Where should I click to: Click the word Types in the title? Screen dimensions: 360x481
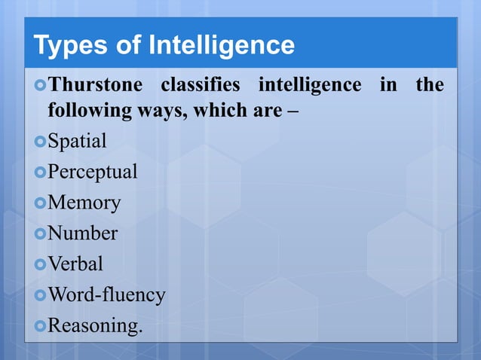69,46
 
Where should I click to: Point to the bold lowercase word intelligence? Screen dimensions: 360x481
311,84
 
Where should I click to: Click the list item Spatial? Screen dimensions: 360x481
77,141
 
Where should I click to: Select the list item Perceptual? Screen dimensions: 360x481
93,172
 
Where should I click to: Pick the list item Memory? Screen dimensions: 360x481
84,203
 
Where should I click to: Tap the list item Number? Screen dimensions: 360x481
83,233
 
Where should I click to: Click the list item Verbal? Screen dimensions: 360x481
75,264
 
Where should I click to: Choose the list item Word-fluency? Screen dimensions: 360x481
106,295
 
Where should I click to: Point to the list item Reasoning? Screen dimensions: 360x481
95,326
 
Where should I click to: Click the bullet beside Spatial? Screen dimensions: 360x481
40,141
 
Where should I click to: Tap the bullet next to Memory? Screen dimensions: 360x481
40,203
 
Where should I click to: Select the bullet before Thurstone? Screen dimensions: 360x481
40,85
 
